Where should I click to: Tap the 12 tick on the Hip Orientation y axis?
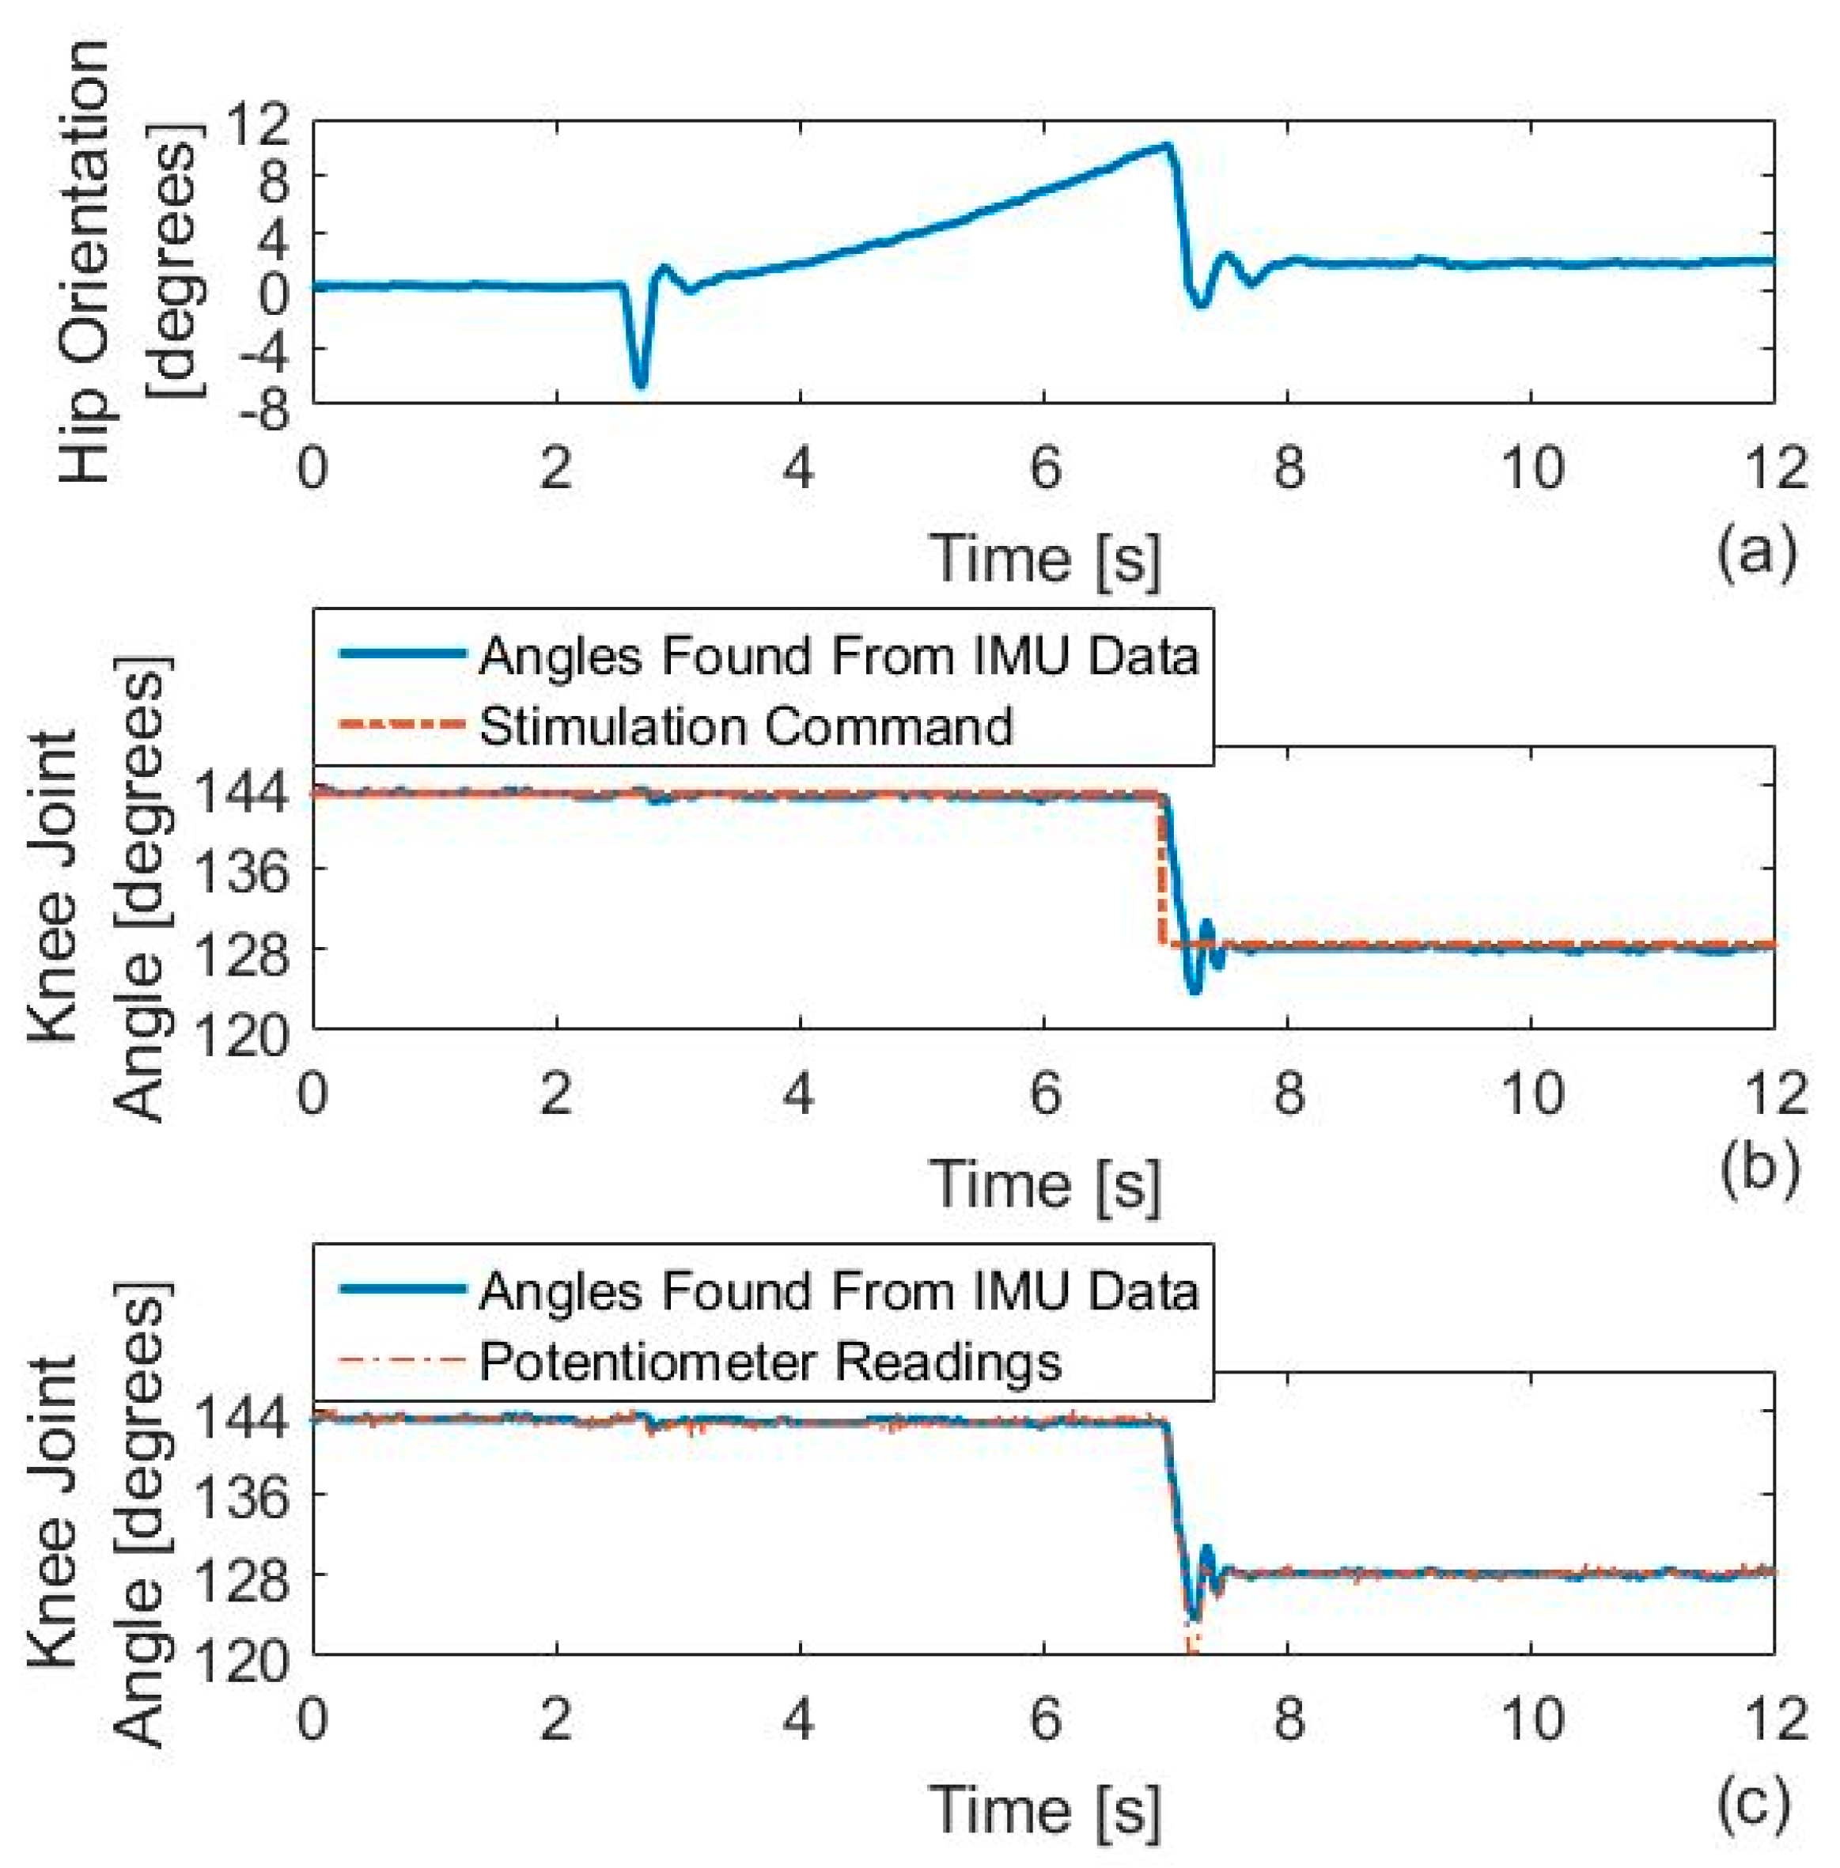[258, 126]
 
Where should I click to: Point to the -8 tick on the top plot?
[258, 409]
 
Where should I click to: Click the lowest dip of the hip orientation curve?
[640, 384]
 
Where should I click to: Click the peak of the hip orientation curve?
[1168, 146]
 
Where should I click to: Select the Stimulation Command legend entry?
[745, 726]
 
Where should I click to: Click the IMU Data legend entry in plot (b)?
[837, 656]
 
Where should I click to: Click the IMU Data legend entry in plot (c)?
[837, 1291]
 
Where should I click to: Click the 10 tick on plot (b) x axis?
[1534, 1093]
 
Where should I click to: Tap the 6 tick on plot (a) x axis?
[1045, 467]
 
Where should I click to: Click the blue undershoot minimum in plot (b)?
[1194, 991]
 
